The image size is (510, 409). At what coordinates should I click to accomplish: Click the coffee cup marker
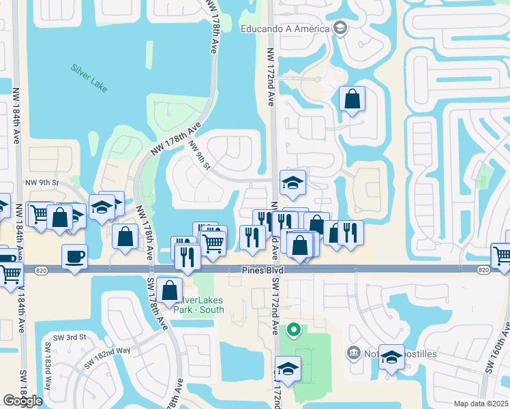(x=75, y=257)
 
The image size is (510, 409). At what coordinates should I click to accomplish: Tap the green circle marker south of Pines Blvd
(x=294, y=331)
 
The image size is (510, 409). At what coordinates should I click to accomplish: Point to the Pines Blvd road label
(x=262, y=271)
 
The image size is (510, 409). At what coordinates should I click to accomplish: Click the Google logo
(x=22, y=401)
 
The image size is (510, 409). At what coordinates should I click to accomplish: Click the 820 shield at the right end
(x=483, y=271)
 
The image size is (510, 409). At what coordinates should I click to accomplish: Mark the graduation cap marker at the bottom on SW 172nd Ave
(x=288, y=368)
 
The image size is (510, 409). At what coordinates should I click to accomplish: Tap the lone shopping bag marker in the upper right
(x=352, y=99)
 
